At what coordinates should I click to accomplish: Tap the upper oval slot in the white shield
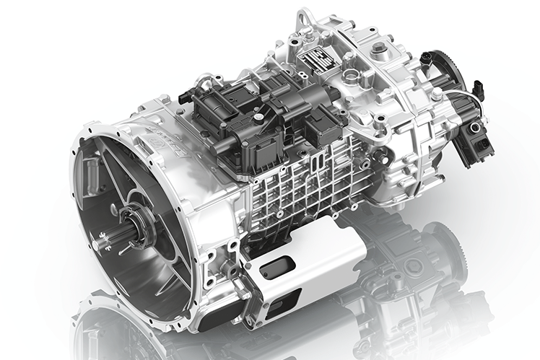pyautogui.click(x=276, y=268)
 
